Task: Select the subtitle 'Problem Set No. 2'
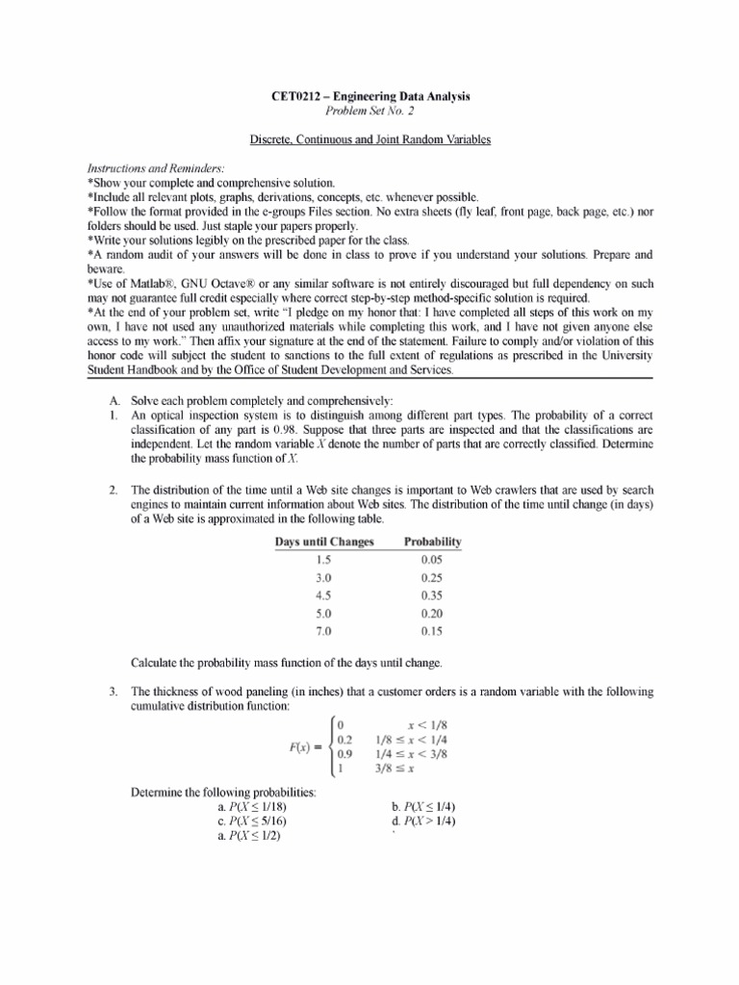pos(369,112)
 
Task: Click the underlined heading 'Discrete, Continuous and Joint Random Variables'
pos(369,140)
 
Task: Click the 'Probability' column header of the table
pos(432,543)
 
